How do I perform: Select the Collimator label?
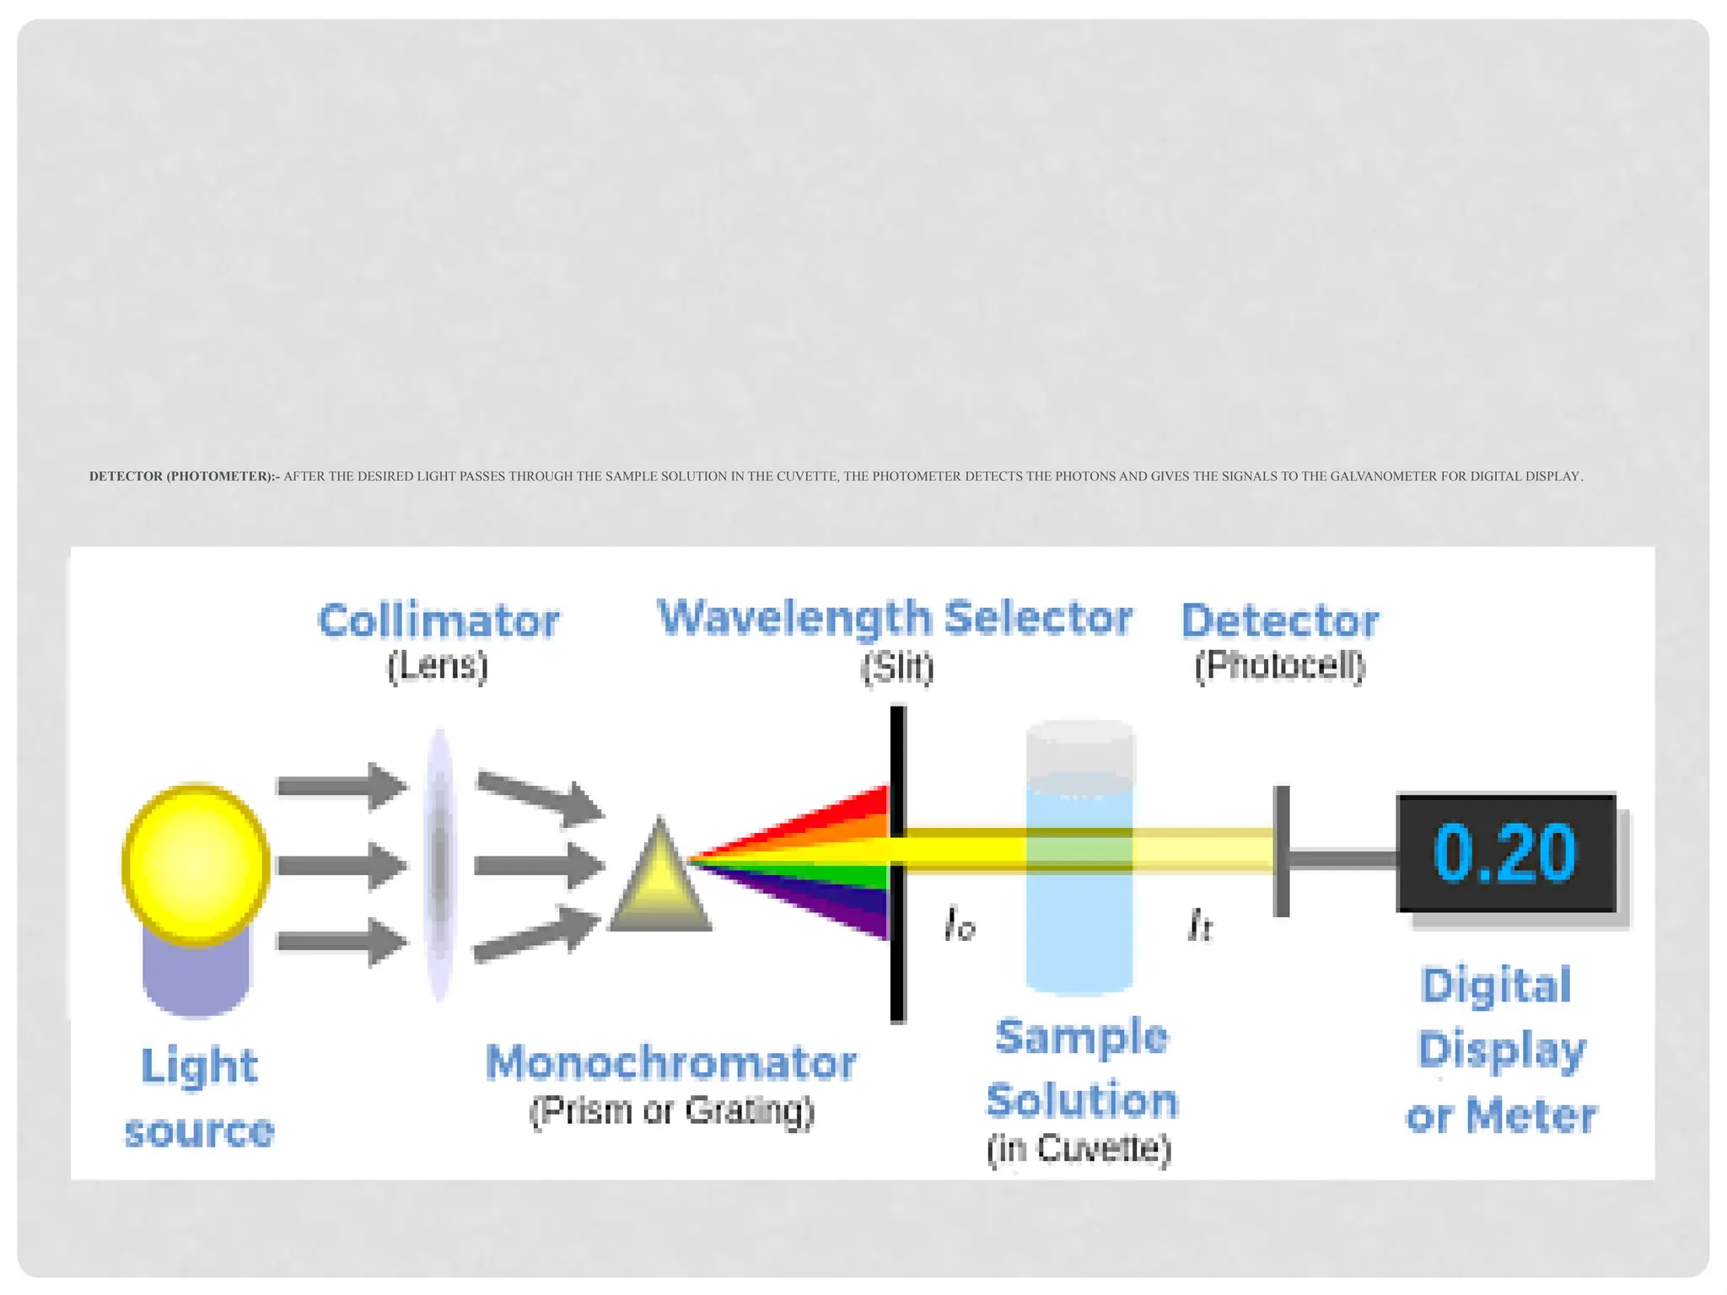click(x=438, y=621)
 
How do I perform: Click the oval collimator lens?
click(x=438, y=864)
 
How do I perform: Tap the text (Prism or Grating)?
click(x=671, y=1110)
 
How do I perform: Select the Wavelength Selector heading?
click(x=894, y=618)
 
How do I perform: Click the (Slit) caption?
click(x=897, y=667)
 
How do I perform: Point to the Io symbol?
click(x=960, y=924)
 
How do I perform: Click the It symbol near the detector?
click(x=1199, y=925)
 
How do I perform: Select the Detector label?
click(x=1279, y=621)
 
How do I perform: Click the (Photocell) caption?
click(x=1279, y=666)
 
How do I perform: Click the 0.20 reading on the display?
click(x=1504, y=853)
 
